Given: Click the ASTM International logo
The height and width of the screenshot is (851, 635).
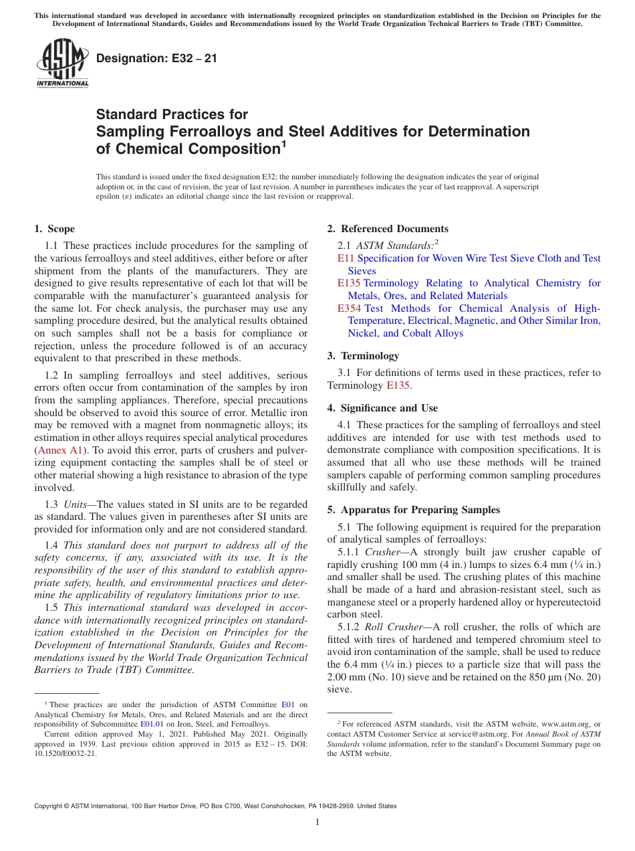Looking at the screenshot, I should [62, 63].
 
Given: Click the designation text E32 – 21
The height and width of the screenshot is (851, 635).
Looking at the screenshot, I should [156, 59].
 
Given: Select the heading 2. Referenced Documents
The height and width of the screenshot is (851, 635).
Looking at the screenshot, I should [388, 229].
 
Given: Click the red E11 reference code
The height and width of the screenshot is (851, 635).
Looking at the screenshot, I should [346, 258].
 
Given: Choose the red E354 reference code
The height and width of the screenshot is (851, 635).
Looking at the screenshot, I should [350, 308].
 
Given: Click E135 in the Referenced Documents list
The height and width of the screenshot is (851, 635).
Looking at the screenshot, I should [350, 283].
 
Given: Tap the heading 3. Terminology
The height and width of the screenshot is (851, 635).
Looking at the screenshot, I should [363, 356].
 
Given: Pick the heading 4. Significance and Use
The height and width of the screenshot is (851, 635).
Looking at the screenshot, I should [382, 408].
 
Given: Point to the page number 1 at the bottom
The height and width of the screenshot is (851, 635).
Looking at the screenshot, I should [317, 822].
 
